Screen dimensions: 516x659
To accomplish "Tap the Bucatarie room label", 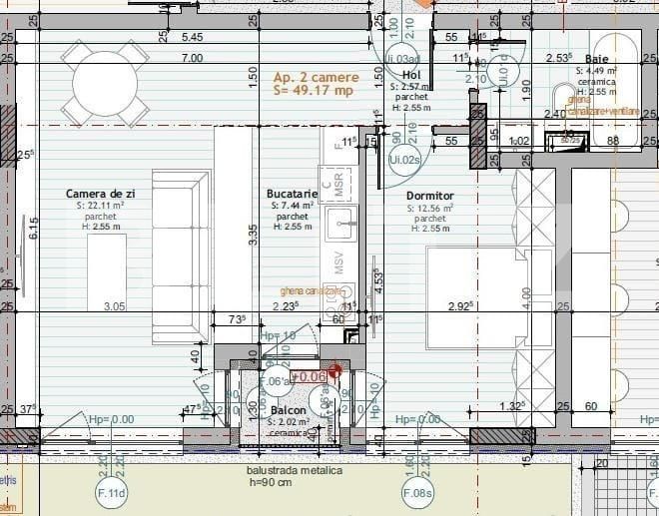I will point(292,194).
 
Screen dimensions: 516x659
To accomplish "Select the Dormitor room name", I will point(430,196).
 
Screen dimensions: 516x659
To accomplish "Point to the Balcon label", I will point(287,410).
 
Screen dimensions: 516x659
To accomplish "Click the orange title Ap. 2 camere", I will point(313,77).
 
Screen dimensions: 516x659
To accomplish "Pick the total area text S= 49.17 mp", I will point(314,91).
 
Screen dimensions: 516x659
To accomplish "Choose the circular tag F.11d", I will point(110,493).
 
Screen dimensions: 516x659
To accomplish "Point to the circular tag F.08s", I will point(417,493).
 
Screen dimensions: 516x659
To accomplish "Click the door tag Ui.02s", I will point(403,159).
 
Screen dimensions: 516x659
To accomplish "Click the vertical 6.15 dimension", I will point(33,229).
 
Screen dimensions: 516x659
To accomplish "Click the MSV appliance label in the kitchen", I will point(339,263).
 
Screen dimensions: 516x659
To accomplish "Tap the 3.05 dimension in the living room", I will point(115,307).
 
